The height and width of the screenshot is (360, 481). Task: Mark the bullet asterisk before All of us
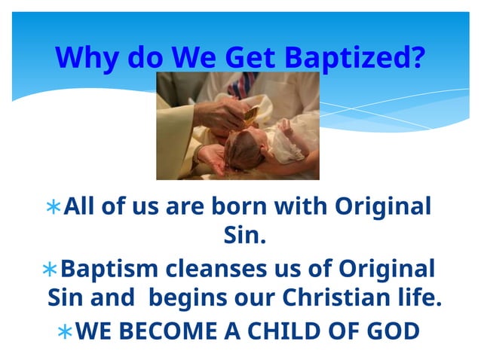[x=52, y=207]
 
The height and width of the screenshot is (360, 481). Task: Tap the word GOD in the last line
[x=393, y=331]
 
